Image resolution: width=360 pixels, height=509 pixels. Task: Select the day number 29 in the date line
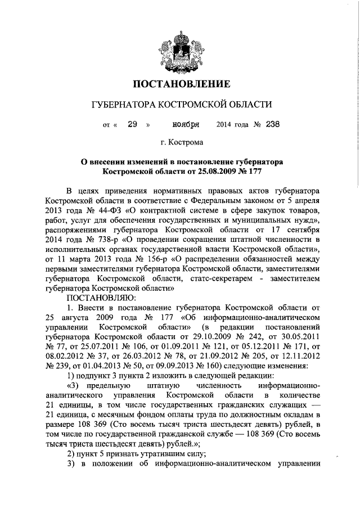pyautogui.click(x=133, y=124)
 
